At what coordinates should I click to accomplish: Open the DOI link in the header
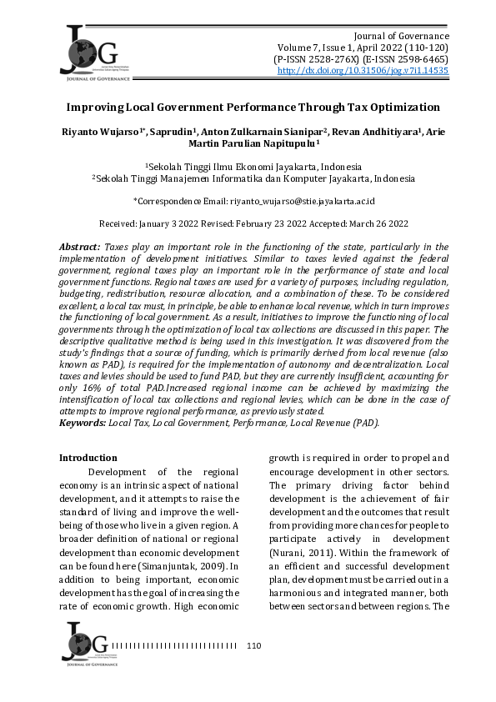click(x=363, y=72)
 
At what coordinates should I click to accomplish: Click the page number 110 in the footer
click(x=255, y=645)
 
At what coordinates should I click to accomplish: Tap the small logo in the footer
click(x=83, y=643)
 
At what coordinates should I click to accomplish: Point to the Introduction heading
click(x=88, y=458)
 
